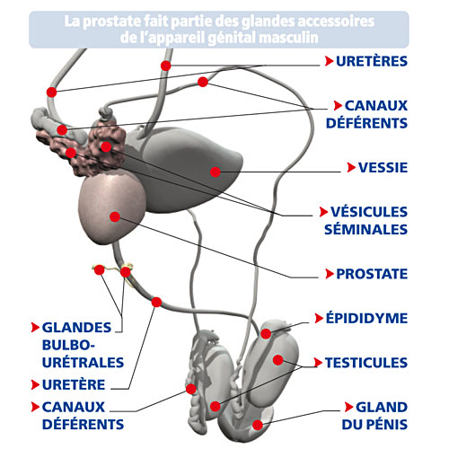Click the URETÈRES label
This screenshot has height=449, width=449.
click(x=372, y=61)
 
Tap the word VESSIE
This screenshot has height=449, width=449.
click(x=383, y=167)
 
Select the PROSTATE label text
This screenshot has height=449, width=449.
click(x=372, y=274)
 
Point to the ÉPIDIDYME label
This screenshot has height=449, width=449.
click(x=366, y=318)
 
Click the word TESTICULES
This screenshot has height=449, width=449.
click(x=366, y=363)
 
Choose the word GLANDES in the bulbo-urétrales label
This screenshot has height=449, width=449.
click(x=76, y=328)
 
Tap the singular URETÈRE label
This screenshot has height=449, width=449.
click(x=74, y=384)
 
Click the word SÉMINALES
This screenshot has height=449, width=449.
click(x=365, y=229)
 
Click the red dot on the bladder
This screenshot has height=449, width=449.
click(x=216, y=172)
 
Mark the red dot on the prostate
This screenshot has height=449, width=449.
click(x=115, y=216)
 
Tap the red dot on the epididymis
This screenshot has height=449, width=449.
click(x=266, y=333)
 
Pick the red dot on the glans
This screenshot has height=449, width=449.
click(x=258, y=425)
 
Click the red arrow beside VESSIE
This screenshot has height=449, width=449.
click(x=351, y=167)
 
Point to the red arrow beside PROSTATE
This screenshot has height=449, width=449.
click(x=330, y=274)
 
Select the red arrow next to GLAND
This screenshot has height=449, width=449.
click(x=348, y=407)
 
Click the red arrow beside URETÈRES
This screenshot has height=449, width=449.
click(x=329, y=61)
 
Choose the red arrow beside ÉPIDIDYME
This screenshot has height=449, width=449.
click(x=319, y=318)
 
